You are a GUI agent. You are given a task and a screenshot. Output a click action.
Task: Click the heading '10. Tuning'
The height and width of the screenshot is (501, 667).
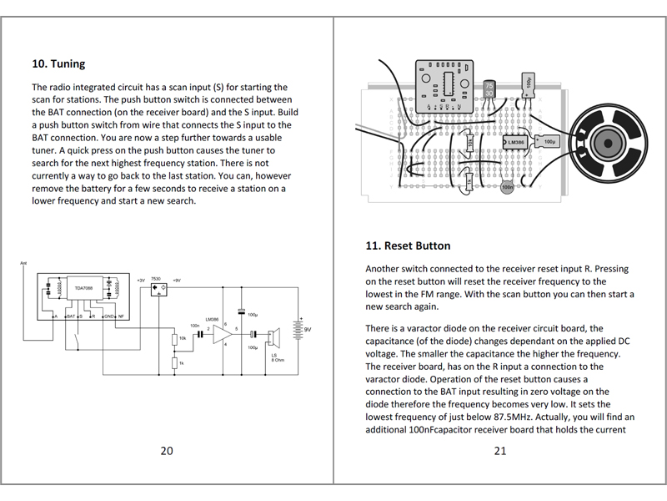[x=58, y=63]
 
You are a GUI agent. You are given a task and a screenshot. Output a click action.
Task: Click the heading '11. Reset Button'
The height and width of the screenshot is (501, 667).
[x=408, y=245]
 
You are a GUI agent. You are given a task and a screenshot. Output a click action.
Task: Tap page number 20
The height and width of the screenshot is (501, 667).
[x=167, y=451]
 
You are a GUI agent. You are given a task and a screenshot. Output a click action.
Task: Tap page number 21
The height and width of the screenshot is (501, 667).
[x=500, y=451]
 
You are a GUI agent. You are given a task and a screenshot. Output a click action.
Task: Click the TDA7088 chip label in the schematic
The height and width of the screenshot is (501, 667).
[x=83, y=287]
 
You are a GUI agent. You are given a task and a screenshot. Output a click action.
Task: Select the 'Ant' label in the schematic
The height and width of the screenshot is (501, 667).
[x=23, y=265]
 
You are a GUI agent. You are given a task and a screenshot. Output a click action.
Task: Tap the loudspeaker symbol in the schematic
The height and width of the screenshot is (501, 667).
[x=274, y=337]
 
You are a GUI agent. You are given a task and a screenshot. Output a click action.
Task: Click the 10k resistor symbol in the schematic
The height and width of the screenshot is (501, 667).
[x=175, y=338]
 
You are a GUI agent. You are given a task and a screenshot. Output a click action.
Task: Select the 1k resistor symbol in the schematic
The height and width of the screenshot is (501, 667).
[x=175, y=363]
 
